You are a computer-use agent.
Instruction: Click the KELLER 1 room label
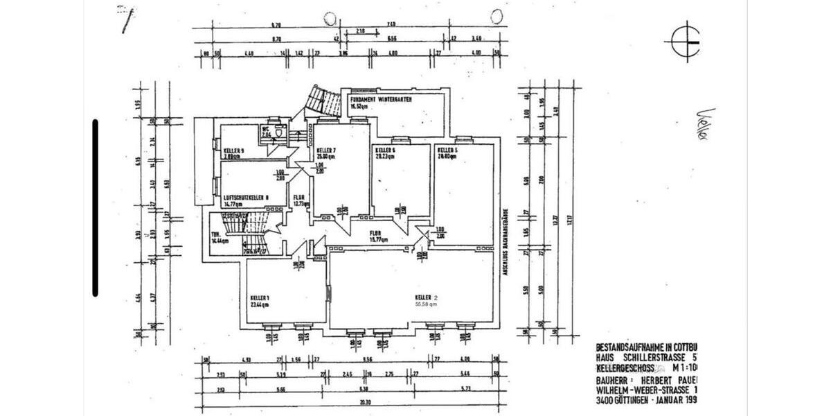[260, 299]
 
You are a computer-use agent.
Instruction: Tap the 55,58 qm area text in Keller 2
[426, 304]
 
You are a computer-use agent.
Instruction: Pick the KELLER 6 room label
[385, 150]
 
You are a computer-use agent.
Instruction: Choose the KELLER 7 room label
[326, 150]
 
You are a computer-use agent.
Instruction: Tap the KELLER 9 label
[234, 150]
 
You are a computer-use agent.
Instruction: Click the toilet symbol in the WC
[277, 131]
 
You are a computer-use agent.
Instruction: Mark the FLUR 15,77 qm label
[377, 236]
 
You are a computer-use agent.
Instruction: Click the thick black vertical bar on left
[96, 208]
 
